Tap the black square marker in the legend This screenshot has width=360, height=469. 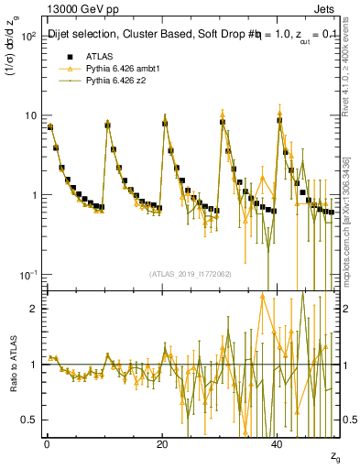pyautogui.click(x=65, y=57)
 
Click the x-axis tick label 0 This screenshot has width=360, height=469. pyautogui.click(x=47, y=444)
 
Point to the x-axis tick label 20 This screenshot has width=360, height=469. pyautogui.click(x=162, y=444)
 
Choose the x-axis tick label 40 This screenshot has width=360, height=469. pyautogui.click(x=278, y=444)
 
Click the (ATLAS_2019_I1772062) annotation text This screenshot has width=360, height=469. pyautogui.click(x=191, y=274)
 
